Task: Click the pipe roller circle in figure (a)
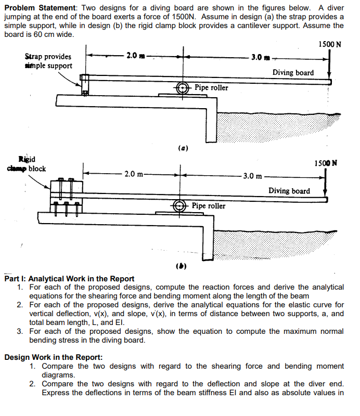coord(182,88)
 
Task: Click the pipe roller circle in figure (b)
coord(181,205)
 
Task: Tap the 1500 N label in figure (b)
coord(326,163)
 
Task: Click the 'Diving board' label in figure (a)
coord(293,72)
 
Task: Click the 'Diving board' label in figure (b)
coord(289,191)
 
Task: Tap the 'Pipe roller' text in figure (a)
coord(211,87)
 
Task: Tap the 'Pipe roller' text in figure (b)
coord(209,206)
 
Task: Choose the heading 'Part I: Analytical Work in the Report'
coord(69,279)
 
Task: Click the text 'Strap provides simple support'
coord(48,61)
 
